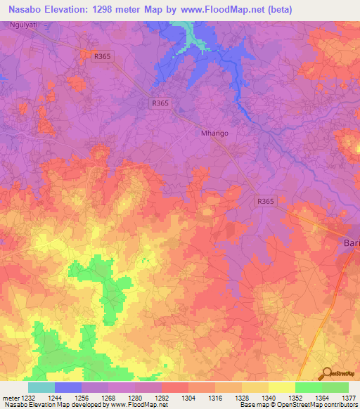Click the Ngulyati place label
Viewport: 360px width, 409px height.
coord(24,25)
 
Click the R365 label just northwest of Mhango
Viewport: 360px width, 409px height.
coord(160,103)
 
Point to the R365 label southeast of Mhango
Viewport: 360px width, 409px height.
coord(266,201)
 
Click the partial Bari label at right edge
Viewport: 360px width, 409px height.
coord(351,242)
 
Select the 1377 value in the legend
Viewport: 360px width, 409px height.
coord(349,397)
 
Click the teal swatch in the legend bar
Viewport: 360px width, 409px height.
coord(41,387)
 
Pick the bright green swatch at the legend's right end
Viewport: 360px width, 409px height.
coord(335,387)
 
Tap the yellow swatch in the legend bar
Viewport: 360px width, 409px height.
coord(281,387)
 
